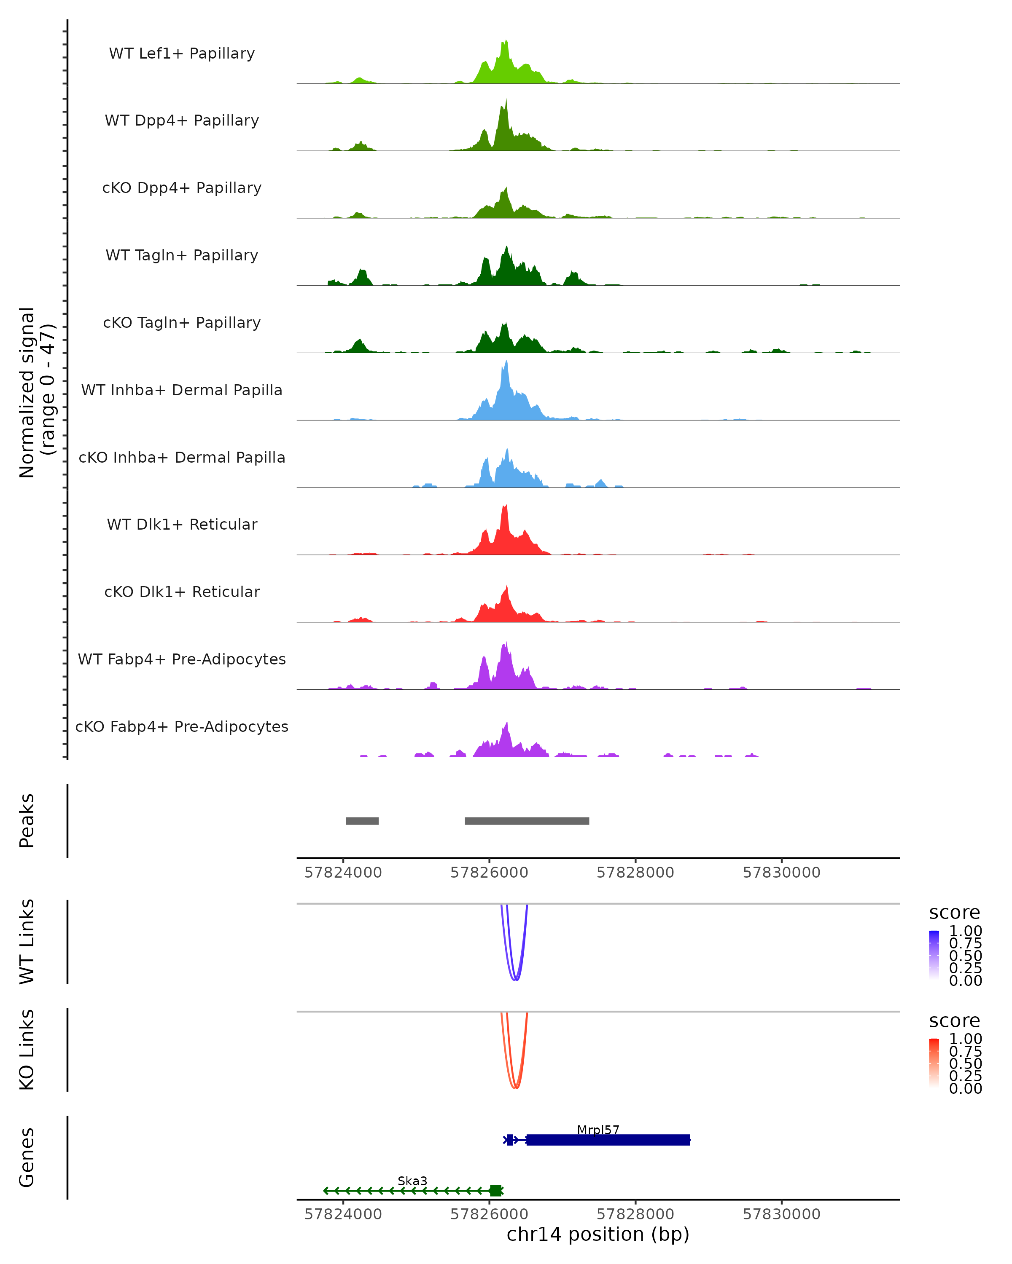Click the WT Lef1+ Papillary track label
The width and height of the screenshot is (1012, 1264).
pyautogui.click(x=182, y=54)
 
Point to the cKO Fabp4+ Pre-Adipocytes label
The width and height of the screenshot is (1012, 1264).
pyautogui.click(x=182, y=726)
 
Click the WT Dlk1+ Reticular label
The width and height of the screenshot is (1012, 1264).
pyautogui.click(x=182, y=524)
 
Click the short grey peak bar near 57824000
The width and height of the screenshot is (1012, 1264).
pyautogui.click(x=362, y=821)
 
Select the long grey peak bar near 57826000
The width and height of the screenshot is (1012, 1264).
pyautogui.click(x=527, y=821)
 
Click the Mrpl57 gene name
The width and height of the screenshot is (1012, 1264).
pyautogui.click(x=598, y=1130)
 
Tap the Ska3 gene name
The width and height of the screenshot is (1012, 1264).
pyautogui.click(x=412, y=1181)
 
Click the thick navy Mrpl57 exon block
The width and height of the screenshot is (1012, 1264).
pyautogui.click(x=608, y=1140)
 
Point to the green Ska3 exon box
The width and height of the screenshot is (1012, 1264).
pyautogui.click(x=496, y=1190)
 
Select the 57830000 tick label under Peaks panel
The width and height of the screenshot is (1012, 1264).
pyautogui.click(x=781, y=873)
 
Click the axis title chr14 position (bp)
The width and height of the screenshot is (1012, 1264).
pyautogui.click(x=598, y=1234)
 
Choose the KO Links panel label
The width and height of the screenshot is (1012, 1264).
pyautogui.click(x=27, y=1050)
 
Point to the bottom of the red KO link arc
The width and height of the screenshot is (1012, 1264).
pyautogui.click(x=515, y=1087)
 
